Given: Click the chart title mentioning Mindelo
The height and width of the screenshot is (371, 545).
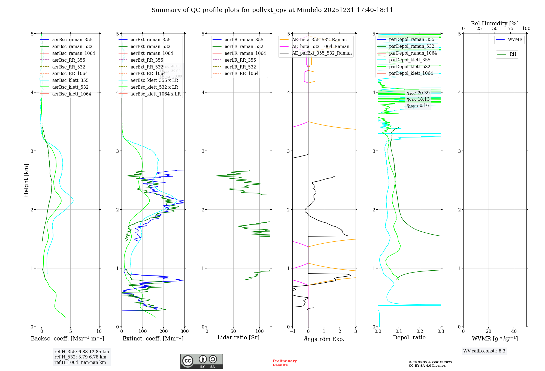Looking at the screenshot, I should pos(272,10).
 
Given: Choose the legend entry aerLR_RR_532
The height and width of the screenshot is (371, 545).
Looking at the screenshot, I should pos(240,67).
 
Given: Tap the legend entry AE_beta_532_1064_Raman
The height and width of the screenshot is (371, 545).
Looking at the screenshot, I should pos(320,46).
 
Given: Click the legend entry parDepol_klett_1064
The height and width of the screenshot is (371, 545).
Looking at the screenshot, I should pos(411,73).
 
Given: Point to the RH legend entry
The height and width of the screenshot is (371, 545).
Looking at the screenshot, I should pos(513,54).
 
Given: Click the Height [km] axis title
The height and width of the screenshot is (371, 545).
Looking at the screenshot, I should pos(26,180).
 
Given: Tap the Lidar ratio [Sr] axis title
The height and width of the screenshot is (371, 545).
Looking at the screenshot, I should pos(238,337).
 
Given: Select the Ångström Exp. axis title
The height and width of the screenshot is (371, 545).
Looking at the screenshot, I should pos(324,339).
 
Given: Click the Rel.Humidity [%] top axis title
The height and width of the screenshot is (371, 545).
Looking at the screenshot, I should pos(495,23).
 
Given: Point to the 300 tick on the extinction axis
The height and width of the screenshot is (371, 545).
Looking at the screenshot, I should pos(184,331).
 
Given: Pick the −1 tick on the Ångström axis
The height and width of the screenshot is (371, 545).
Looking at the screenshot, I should pos(292,331).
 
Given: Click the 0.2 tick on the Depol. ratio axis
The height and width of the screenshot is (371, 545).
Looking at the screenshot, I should pos(420,331).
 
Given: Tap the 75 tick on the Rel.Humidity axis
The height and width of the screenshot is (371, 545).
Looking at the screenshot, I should pos(510,29).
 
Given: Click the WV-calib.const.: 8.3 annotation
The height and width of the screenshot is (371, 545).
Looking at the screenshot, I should pos(484,351).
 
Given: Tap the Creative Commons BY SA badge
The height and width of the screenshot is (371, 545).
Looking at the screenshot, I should pos(201,361).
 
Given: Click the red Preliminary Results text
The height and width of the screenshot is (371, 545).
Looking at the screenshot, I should pos(284,363).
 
